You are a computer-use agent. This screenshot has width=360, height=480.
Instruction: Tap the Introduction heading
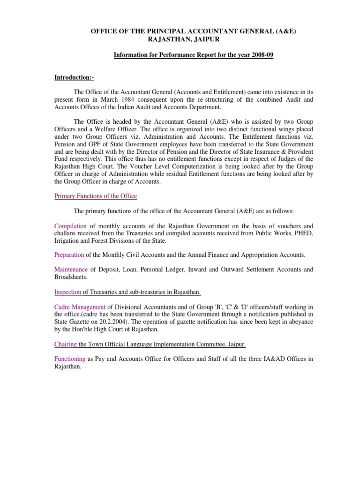(74, 77)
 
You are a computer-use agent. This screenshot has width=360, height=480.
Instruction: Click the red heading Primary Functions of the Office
(96, 195)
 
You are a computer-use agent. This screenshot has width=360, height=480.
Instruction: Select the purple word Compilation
(70, 226)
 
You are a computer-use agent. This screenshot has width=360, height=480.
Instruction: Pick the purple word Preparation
(69, 255)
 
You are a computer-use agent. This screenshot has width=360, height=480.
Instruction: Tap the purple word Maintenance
(71, 270)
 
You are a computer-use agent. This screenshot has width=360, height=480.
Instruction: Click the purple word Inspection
(68, 292)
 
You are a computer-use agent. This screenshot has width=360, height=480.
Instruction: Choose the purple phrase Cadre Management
(78, 307)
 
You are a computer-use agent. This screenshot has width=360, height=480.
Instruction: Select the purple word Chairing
(66, 344)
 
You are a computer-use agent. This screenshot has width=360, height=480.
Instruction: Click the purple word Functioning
(70, 359)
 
